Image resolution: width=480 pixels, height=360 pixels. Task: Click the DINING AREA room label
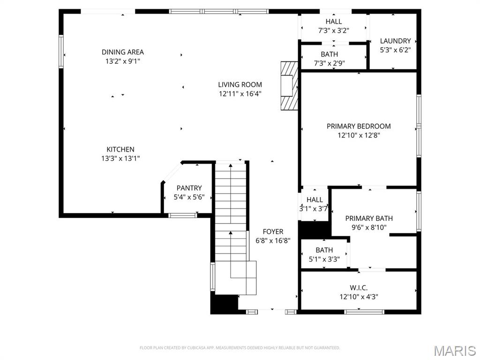point(123,52)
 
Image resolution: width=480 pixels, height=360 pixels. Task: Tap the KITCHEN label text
point(120,150)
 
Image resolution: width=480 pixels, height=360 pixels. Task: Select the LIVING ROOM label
point(240,84)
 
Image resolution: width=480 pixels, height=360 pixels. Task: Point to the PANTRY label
point(189,188)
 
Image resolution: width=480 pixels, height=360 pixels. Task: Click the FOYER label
point(273,232)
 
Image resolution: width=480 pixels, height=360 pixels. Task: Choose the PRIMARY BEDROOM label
point(359,126)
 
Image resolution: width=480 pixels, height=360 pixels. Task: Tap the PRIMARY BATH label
point(369,218)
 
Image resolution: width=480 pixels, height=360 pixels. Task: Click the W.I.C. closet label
point(359,288)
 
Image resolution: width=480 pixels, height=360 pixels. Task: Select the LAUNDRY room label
point(396,41)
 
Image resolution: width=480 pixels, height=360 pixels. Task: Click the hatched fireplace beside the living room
point(289,85)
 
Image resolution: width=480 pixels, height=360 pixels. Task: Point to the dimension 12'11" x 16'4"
point(240,94)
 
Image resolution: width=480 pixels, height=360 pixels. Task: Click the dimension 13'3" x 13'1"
point(120,158)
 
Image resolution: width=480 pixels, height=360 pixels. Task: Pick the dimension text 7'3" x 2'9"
point(330,63)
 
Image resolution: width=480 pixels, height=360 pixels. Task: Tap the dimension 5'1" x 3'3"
point(324,259)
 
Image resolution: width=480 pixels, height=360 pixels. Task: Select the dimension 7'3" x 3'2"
point(334,30)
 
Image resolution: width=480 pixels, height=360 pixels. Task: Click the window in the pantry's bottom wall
point(183,216)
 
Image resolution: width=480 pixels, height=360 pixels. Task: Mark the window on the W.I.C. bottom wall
point(364,312)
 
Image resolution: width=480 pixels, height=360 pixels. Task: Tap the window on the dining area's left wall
point(61,52)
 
